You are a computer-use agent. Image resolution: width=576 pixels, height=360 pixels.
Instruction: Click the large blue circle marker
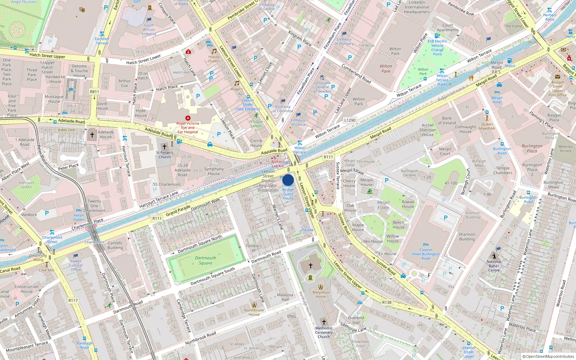pos(288,180)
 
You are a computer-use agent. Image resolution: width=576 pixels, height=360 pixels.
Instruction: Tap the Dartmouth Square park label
pos(206,260)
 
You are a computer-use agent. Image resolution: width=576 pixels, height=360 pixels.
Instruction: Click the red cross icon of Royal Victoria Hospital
pos(188,118)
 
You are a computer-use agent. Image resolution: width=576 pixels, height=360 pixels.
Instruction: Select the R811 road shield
pos(94,92)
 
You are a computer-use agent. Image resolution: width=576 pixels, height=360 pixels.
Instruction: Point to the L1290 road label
pos(350,120)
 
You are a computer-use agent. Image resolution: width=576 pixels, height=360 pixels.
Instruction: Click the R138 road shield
pos(387,302)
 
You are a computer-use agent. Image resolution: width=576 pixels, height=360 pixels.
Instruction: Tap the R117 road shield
pos(73,300)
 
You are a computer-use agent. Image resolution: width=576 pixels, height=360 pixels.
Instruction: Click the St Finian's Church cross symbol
pos(165,147)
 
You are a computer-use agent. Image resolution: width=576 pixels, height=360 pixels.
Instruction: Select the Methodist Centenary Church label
pos(324,332)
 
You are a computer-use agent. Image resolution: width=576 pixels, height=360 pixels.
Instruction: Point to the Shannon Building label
pos(467,237)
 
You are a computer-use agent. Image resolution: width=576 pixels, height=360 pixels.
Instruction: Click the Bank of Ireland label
pos(447,120)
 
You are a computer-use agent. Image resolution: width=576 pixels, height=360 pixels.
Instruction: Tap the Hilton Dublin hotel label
pos(79,217)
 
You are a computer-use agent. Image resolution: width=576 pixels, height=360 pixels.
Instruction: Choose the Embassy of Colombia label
pos(283,109)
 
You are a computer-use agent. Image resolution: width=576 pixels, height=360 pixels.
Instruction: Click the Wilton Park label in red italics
pos(386,68)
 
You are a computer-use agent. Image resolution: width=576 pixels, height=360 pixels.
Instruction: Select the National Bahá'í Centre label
pos(494,266)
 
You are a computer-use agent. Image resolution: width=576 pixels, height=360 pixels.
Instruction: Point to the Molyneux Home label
pos(320,294)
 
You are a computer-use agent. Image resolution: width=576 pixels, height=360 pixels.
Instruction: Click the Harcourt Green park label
pos(26,185)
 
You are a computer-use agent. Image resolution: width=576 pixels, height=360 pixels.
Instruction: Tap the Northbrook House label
pos(254,312)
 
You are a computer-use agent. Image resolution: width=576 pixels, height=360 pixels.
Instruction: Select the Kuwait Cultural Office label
pos(76,265)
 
